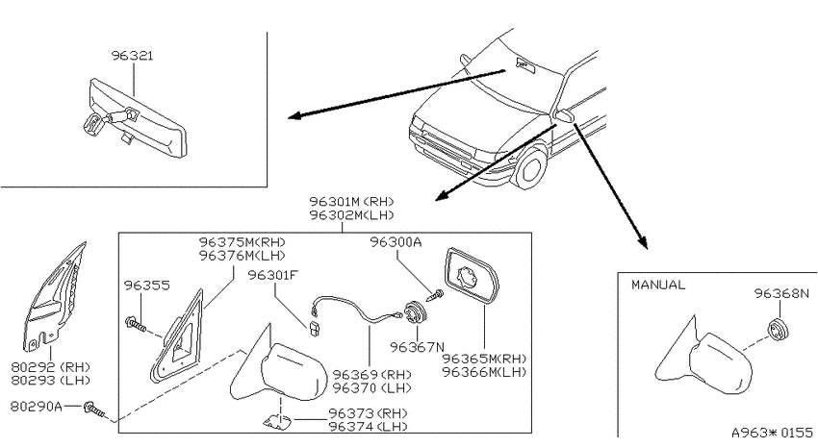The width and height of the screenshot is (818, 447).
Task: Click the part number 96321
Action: [x=133, y=56]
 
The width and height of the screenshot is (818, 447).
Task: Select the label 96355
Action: [x=146, y=286]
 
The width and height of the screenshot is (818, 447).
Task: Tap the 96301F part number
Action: [x=273, y=275]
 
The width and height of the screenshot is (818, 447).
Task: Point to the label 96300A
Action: [x=396, y=241]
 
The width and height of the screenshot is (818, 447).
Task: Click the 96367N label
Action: [x=418, y=347]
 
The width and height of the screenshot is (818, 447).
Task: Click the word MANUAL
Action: [x=658, y=285]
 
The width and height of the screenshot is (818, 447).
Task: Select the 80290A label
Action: [x=36, y=406]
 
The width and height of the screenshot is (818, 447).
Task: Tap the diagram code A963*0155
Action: [x=772, y=433]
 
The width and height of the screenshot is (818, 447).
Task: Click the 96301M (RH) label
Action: [x=351, y=202]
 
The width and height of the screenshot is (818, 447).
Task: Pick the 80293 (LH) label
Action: [x=51, y=381]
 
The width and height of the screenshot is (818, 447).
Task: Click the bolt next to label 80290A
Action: [x=94, y=410]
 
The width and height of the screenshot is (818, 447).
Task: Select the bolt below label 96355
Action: [x=136, y=324]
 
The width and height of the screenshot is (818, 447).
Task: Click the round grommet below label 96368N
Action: [x=778, y=330]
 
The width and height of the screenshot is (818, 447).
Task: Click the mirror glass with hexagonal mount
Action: [x=472, y=276]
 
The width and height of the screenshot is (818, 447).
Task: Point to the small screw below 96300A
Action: [x=435, y=295]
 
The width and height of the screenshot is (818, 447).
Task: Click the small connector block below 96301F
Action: [x=314, y=330]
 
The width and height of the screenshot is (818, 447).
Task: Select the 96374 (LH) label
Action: [x=369, y=427]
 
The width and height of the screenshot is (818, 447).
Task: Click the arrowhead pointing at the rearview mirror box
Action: [x=295, y=115]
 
